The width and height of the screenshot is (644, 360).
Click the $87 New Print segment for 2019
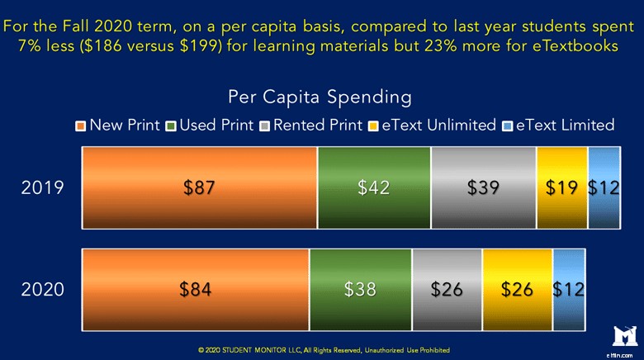pos(199,187)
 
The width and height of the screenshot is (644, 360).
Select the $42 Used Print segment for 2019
pos(374,187)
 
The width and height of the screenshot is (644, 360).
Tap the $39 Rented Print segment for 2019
pos(483,187)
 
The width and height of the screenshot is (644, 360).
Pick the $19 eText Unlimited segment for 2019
pos(561,187)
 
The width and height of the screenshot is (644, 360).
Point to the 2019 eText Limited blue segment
pos(604,187)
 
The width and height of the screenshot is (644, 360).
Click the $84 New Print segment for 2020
pos(195,289)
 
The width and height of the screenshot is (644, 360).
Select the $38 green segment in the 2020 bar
pos(361,289)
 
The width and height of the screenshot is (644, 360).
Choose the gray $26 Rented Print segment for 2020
pos(447,289)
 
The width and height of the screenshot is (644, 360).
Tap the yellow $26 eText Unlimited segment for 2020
pos(517,289)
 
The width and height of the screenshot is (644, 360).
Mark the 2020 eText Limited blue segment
pos(568,289)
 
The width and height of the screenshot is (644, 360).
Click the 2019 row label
pos(42,188)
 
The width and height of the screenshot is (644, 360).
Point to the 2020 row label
pos(42,290)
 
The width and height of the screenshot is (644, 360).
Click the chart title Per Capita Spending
pos(321,97)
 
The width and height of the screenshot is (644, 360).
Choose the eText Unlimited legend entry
pos(433,126)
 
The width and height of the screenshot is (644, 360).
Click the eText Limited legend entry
pos(558,126)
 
